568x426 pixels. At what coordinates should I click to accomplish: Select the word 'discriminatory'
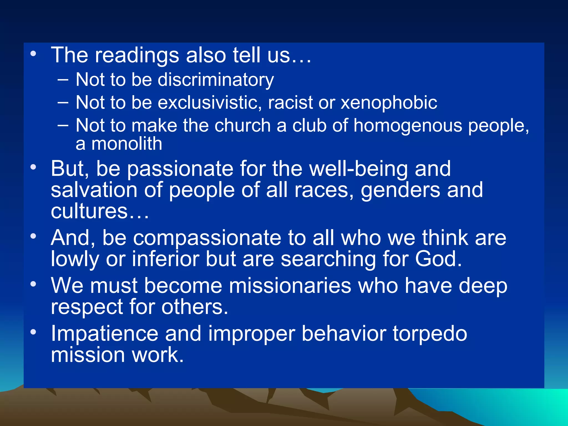click(x=216, y=80)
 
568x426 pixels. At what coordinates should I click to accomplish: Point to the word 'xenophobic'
click(x=389, y=103)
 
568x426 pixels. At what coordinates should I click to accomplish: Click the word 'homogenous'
click(x=408, y=126)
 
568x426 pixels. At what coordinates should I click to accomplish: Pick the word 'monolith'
click(x=127, y=144)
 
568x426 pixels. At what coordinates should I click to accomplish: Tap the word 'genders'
click(x=400, y=191)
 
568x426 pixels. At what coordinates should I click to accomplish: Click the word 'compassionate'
click(x=207, y=238)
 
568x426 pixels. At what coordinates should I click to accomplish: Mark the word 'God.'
click(x=438, y=259)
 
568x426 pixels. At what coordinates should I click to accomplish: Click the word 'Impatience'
click(x=104, y=334)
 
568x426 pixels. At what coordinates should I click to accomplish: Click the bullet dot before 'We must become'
click(x=33, y=284)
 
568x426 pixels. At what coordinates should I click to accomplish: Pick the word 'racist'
click(x=290, y=103)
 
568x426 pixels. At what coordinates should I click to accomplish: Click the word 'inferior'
click(x=165, y=259)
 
